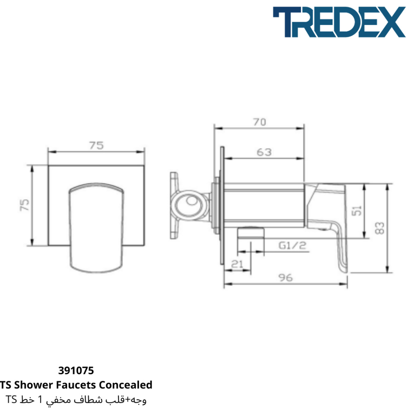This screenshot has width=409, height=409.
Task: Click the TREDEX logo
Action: point(339,22)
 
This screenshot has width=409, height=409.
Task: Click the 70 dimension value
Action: point(260,122)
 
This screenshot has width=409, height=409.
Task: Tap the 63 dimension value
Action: point(264,152)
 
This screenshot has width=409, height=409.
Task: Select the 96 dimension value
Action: point(285,278)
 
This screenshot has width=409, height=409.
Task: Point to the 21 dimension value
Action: point(237,264)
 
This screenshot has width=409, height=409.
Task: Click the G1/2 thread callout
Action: point(292,245)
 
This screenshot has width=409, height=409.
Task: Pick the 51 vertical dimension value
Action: point(357,211)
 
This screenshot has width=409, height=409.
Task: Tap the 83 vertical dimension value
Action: point(380,228)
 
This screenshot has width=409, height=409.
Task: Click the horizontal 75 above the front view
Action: point(96,145)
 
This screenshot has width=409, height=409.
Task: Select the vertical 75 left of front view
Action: point(25,205)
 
